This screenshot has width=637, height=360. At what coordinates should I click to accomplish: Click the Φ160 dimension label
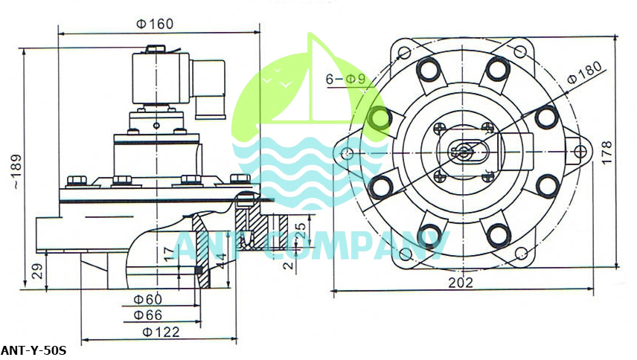point(155,24)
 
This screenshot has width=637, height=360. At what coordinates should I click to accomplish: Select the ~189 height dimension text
point(16,171)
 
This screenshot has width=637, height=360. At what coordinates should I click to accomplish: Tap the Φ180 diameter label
point(584,72)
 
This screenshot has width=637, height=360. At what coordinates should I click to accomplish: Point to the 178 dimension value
point(606,152)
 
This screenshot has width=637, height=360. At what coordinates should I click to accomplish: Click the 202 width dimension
point(461,283)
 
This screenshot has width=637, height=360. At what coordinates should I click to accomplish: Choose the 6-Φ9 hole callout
point(345,79)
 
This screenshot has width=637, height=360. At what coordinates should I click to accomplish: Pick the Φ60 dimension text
point(148,300)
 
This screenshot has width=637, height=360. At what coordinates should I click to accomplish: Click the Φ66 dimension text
point(148,315)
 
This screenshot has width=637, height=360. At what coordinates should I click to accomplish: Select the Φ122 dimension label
point(161,332)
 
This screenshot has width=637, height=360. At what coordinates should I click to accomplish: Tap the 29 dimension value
point(37,271)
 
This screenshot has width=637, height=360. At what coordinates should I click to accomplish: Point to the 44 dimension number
point(221,261)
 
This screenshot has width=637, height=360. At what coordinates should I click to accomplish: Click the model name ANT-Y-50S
point(33,350)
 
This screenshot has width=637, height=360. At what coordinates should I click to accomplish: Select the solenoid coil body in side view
point(161,78)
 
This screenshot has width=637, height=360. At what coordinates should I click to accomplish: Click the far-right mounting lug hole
point(580,152)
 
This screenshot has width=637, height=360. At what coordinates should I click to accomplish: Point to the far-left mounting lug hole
point(347,153)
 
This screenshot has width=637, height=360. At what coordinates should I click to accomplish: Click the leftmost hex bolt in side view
point(77,181)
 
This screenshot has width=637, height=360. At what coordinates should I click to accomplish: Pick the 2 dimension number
point(288,265)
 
